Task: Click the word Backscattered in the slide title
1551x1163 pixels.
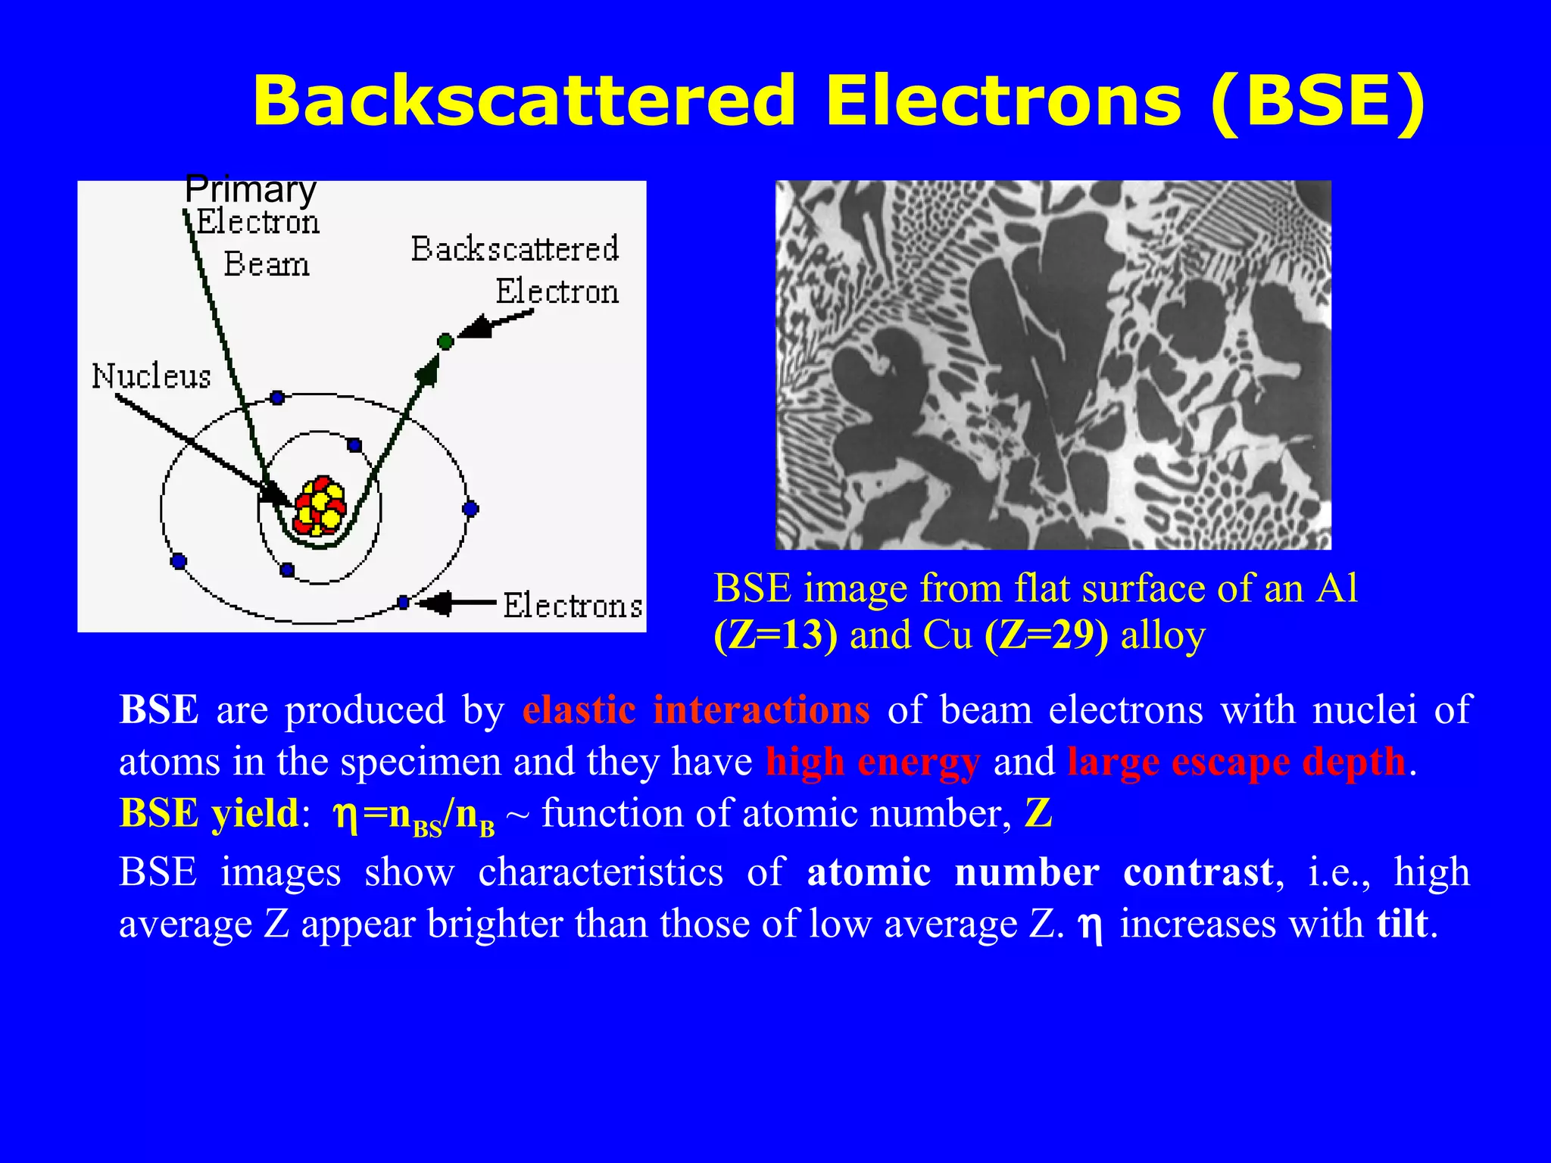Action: tap(524, 101)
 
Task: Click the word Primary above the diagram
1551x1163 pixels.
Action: tap(250, 189)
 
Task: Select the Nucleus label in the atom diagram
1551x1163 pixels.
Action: tap(151, 376)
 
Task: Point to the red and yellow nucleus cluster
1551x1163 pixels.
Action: tap(320, 507)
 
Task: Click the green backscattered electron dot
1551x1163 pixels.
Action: tap(445, 341)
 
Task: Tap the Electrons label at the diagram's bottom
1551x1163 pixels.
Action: tap(573, 606)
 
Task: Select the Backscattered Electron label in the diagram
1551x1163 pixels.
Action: tap(515, 269)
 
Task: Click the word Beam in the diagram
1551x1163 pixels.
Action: tap(267, 265)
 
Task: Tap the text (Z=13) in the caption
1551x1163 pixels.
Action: tap(775, 635)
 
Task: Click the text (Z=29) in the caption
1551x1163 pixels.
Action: tap(1046, 635)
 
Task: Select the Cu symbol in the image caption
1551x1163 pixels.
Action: tap(947, 635)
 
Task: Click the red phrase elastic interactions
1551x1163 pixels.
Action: tap(696, 710)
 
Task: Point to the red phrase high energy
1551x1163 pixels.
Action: tap(872, 762)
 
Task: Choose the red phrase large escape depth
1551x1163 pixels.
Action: tap(1236, 762)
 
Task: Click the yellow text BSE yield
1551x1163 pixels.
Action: tap(210, 813)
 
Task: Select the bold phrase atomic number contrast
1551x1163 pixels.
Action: tap(1040, 872)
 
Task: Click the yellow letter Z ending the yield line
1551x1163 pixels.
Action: tap(1038, 813)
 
